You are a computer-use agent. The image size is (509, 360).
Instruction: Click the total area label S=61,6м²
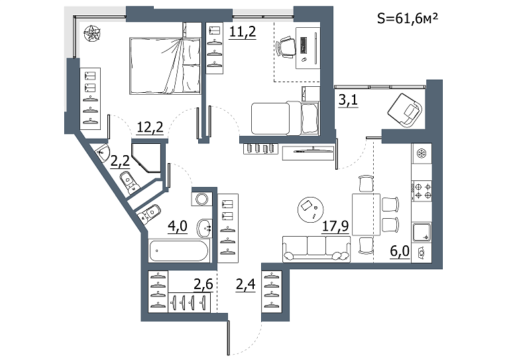(x=407, y=18)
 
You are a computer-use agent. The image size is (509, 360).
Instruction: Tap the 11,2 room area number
(x=243, y=32)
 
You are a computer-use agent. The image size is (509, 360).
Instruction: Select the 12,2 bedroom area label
(x=150, y=127)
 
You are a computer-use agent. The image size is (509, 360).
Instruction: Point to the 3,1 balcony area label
(x=348, y=100)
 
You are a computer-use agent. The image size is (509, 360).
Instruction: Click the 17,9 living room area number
(x=335, y=226)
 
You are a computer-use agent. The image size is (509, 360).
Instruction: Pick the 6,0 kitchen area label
(x=400, y=251)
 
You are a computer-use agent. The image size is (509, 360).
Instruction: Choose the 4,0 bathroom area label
(x=177, y=226)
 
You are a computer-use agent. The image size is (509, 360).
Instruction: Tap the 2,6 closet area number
(x=203, y=284)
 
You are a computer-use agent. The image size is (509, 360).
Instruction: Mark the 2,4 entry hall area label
(x=245, y=284)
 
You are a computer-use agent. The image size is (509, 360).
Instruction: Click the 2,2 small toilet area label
(x=120, y=160)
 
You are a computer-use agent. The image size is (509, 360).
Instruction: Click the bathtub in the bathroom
(x=179, y=251)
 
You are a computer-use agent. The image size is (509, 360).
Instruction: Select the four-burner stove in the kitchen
(x=422, y=191)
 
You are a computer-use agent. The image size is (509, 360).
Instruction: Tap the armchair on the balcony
(x=405, y=110)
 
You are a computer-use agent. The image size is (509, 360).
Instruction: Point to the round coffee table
(x=310, y=210)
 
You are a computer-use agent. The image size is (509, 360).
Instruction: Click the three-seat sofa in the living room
(x=317, y=249)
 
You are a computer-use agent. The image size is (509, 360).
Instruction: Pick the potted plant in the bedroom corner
(x=93, y=33)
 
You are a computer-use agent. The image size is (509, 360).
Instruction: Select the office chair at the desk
(x=286, y=47)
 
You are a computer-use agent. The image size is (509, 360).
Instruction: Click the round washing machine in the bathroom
(x=201, y=199)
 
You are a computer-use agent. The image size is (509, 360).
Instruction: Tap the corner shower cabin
(x=146, y=157)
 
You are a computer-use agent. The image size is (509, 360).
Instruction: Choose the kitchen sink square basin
(x=422, y=232)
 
